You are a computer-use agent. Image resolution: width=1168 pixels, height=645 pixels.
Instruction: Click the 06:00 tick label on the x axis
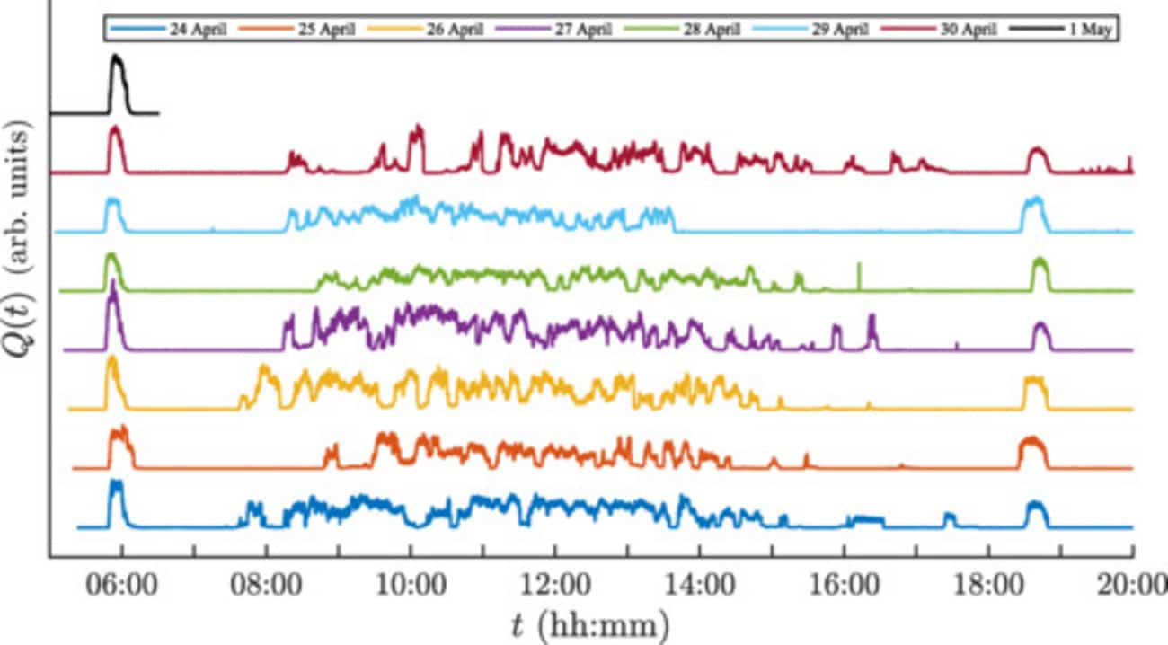[121, 587]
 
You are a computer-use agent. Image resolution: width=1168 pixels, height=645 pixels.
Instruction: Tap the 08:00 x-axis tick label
[266, 587]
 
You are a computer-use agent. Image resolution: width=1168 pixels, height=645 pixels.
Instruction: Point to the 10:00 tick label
[411, 587]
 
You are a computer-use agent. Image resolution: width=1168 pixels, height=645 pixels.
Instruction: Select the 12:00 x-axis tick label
[555, 587]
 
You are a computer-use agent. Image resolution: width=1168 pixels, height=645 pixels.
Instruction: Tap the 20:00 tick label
[1130, 587]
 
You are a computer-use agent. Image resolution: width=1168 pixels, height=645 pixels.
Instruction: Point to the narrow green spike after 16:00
[859, 274]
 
